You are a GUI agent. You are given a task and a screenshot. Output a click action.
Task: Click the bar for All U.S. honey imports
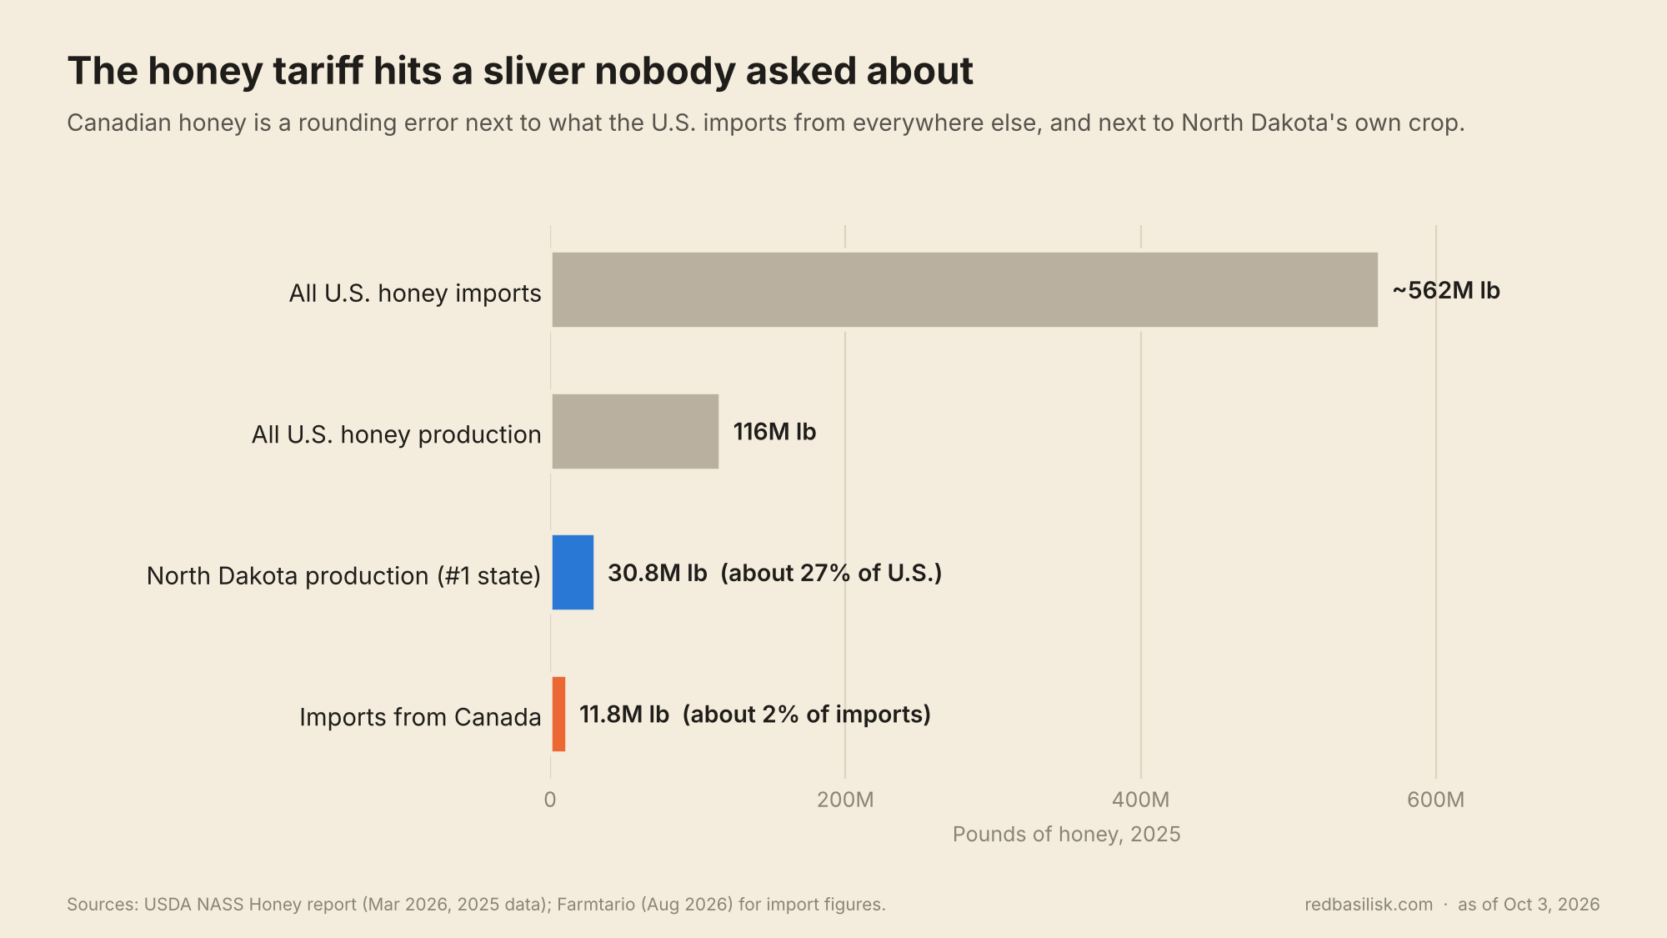pos(964,289)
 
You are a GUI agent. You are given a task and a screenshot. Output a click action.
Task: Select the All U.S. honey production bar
pos(635,431)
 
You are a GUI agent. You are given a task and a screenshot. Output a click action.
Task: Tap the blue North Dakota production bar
pos(573,572)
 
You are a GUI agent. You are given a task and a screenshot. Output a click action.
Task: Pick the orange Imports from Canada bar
pos(558,714)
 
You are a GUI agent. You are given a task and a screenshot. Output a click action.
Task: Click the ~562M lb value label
pos(1446,290)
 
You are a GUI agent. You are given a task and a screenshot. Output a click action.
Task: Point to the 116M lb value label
pos(774,432)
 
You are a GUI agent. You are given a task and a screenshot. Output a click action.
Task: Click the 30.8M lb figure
pos(658,573)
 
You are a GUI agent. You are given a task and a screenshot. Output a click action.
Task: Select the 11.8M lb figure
pos(624,715)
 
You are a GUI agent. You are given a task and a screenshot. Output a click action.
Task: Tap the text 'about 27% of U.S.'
pos(831,573)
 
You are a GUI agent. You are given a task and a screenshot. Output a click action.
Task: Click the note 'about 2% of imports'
pos(807,715)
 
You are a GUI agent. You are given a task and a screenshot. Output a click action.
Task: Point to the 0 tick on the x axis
pos(550,800)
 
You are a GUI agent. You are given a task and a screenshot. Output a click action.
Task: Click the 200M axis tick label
pos(845,800)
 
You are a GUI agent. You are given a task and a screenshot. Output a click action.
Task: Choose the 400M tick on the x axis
pos(1141,800)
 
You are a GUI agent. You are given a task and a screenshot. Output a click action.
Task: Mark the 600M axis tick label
pos(1436,800)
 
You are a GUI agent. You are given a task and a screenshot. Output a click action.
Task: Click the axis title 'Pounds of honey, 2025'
pos(1067,835)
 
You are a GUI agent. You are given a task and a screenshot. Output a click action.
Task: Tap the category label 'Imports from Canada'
pos(420,717)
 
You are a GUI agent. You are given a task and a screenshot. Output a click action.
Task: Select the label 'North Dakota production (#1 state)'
pos(343,575)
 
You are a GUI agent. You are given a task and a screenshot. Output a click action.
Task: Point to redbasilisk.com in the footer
pos(1369,905)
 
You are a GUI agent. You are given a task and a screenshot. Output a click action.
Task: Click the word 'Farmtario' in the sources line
pos(595,905)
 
